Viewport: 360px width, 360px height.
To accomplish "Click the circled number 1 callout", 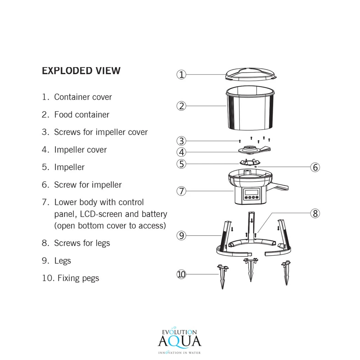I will (x=181, y=75).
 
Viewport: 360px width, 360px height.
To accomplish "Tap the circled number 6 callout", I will (x=315, y=167).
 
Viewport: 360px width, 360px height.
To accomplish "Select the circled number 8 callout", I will (x=315, y=213).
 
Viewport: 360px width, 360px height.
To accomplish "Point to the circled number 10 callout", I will (x=181, y=274).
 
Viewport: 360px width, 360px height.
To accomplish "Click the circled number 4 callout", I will (x=181, y=152).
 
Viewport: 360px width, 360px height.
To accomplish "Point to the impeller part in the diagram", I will (x=249, y=162).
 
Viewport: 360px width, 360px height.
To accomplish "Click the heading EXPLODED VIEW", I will (x=81, y=71).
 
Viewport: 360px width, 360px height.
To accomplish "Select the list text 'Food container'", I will (x=82, y=115).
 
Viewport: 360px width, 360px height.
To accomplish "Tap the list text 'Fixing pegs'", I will (x=78, y=278).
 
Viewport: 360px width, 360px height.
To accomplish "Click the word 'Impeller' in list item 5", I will (x=69, y=167).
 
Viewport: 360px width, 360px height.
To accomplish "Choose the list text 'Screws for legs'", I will (x=82, y=243).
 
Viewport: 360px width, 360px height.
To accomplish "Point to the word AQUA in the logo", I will (x=179, y=341).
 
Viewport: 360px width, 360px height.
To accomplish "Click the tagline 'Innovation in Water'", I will (x=179, y=352).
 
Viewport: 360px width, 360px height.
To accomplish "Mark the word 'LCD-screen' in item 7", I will (x=101, y=214).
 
